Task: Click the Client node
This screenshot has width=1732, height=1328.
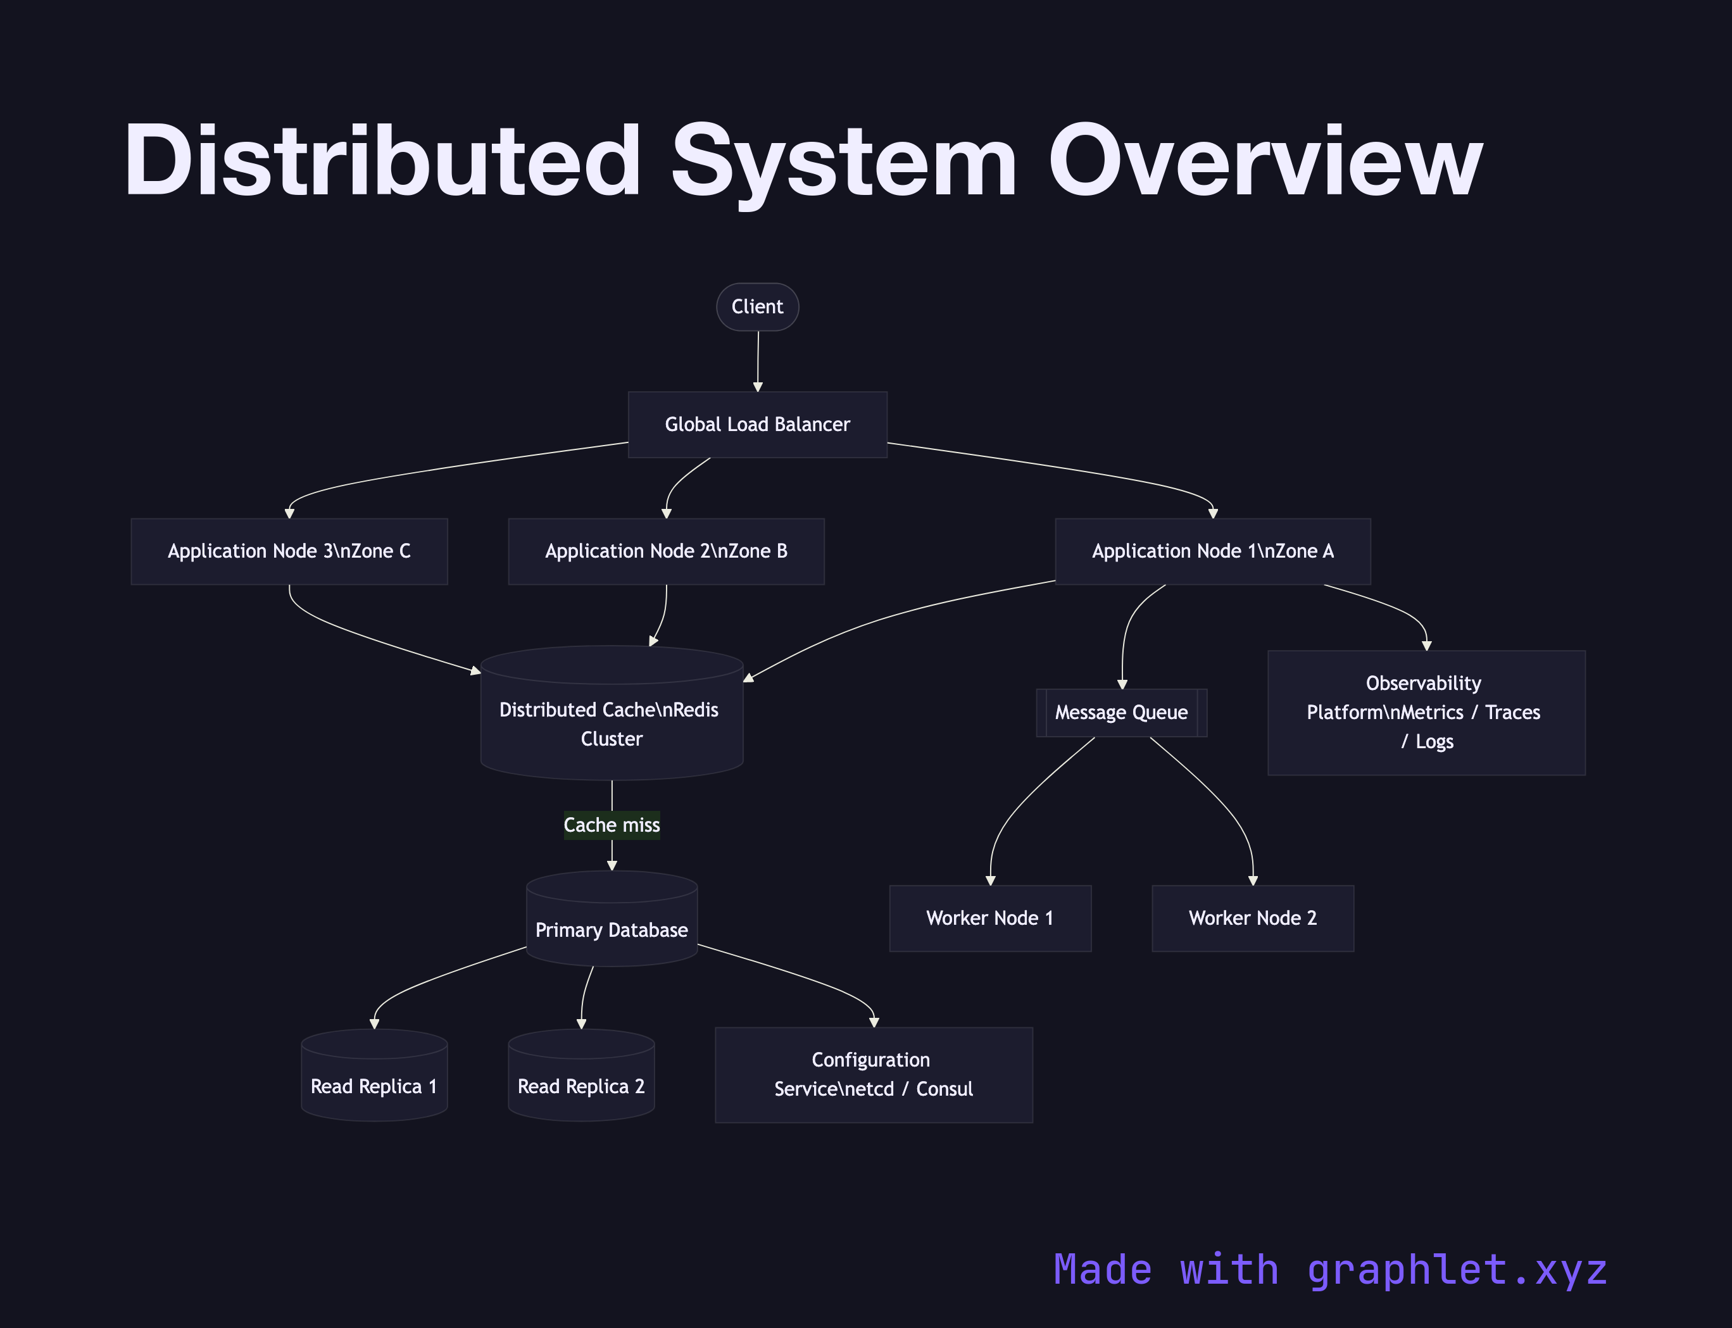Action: click(x=757, y=307)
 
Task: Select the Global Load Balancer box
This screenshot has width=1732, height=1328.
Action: click(x=757, y=425)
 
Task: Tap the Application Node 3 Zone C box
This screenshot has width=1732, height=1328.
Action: click(x=289, y=551)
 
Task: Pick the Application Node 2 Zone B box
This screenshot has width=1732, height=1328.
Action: click(x=667, y=551)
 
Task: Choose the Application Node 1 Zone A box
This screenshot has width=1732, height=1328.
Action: click(x=1213, y=551)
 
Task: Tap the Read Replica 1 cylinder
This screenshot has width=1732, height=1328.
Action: click(x=374, y=1081)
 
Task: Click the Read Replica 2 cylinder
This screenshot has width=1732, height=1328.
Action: click(x=581, y=1081)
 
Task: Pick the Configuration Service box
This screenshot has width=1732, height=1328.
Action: click(x=874, y=1075)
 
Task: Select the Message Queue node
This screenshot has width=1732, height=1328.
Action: click(x=1121, y=712)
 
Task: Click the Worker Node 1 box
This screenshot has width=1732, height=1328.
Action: click(x=989, y=918)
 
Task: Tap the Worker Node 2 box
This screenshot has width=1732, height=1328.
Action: click(x=1252, y=918)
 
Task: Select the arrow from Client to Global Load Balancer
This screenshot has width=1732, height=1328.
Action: click(x=758, y=360)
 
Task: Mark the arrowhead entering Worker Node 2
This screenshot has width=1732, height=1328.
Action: click(x=1253, y=880)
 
